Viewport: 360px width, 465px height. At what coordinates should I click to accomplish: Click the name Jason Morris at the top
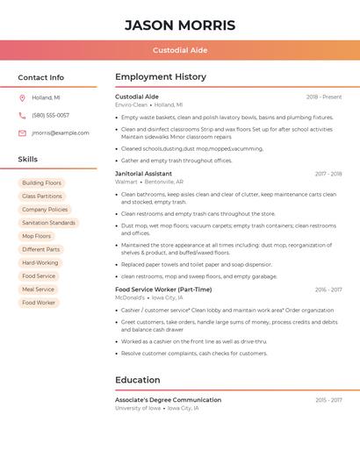click(179, 25)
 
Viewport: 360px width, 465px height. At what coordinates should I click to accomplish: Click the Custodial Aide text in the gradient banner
click(180, 50)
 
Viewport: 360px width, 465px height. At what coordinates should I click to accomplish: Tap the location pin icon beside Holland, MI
click(22, 97)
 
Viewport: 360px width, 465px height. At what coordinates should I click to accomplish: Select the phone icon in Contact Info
click(22, 115)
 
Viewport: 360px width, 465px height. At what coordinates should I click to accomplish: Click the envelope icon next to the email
click(22, 132)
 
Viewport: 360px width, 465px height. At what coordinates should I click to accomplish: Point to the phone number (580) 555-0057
click(51, 115)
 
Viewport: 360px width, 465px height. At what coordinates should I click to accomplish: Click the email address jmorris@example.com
click(61, 132)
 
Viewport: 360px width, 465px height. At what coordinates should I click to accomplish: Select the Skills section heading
click(28, 159)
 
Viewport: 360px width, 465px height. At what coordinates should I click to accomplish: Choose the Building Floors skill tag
click(42, 182)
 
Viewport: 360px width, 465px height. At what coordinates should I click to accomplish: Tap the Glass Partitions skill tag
click(42, 196)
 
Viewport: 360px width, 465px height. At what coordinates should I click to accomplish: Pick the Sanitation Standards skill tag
click(48, 223)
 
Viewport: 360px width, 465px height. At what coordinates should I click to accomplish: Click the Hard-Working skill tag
click(40, 262)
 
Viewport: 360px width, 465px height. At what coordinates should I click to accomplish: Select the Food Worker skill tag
click(39, 303)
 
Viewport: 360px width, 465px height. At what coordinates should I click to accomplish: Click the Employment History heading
click(161, 76)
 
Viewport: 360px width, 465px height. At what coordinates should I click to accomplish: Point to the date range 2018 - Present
click(324, 97)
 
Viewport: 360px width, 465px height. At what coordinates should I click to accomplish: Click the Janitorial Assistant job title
click(143, 174)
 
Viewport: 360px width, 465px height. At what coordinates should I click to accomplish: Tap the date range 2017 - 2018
click(328, 174)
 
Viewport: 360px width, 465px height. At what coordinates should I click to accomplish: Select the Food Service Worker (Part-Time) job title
click(163, 290)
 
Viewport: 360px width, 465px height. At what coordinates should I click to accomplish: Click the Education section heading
click(138, 380)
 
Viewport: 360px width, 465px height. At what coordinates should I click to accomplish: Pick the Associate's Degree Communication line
click(168, 400)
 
